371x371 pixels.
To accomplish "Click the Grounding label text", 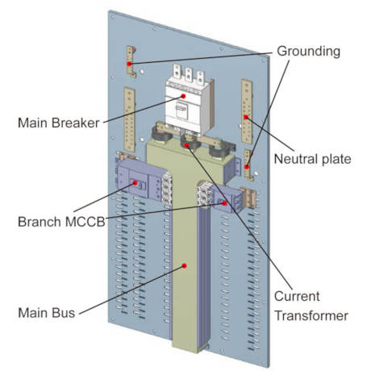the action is (308, 51).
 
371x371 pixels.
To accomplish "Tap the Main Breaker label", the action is (59, 123).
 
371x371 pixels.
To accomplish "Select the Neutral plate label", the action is (312, 159).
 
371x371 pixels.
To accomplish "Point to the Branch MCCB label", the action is (61, 222).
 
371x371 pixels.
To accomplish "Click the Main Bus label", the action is (46, 313).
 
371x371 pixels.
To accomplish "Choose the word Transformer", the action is (311, 315).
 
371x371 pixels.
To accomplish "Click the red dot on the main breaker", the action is (184, 96).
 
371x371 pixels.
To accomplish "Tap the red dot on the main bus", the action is (184, 265).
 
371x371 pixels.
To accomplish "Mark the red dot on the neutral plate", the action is (246, 117).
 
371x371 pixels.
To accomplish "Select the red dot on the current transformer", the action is (187, 145).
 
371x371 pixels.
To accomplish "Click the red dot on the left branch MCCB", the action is (135, 183).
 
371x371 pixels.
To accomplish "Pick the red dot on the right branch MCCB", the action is (224, 203).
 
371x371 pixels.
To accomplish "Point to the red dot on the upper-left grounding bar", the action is (129, 64).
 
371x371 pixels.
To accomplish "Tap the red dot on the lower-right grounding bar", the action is (247, 167).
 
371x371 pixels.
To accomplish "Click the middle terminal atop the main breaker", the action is (189, 74).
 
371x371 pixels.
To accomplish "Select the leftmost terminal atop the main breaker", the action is (177, 71).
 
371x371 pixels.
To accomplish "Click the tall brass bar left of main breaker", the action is (129, 119).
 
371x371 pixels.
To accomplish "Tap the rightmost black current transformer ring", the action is (219, 151).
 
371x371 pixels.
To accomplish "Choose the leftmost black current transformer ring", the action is (161, 133).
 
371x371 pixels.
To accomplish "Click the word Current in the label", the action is (297, 296).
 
